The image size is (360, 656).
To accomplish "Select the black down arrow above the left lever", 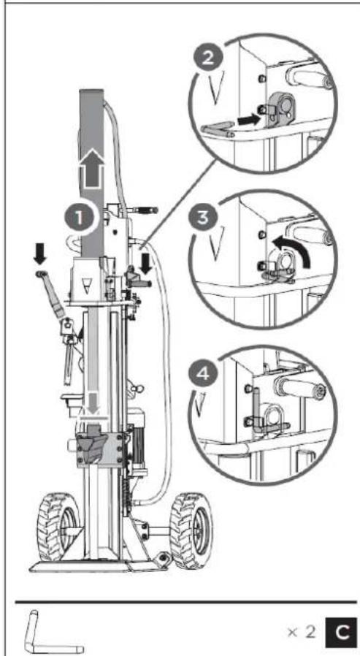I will (41, 254).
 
